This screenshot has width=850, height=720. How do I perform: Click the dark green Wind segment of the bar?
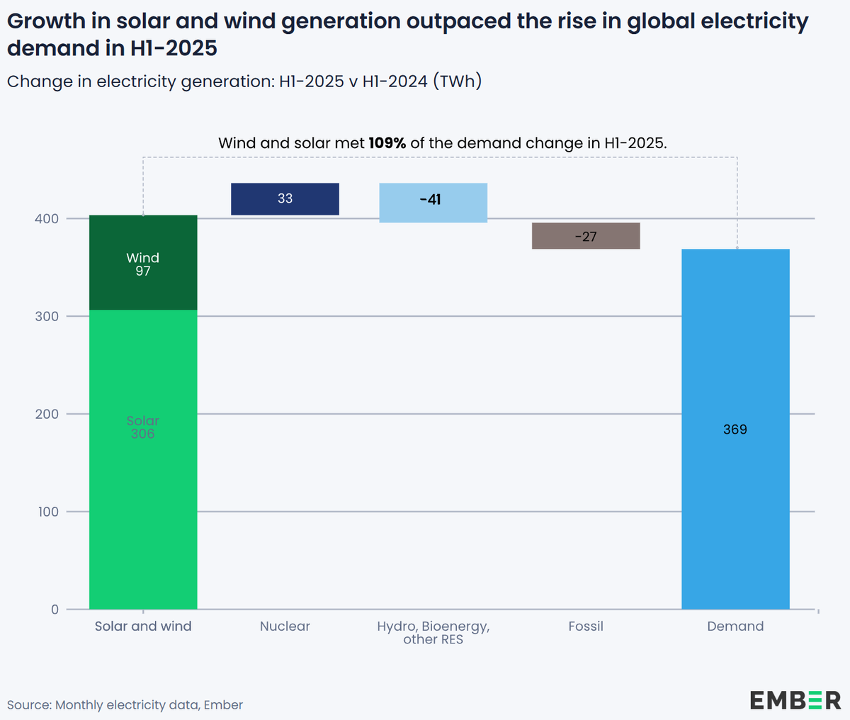click(x=143, y=263)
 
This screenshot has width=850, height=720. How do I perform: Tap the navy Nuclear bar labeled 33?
click(x=285, y=199)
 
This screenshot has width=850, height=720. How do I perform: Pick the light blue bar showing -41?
click(x=433, y=203)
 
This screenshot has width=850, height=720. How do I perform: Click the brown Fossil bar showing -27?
click(x=586, y=236)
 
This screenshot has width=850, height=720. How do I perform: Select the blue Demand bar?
click(x=735, y=496)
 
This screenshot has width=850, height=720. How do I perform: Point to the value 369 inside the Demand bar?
click(x=735, y=429)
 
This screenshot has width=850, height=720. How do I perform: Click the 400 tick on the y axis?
click(x=47, y=219)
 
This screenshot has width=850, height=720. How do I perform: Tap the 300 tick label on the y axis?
click(x=47, y=317)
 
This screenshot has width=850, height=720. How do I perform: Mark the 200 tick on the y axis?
click(x=47, y=414)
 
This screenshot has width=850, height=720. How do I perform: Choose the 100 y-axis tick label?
click(x=47, y=512)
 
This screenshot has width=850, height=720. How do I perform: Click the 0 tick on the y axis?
click(x=55, y=609)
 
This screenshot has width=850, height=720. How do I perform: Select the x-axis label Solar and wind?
click(x=143, y=626)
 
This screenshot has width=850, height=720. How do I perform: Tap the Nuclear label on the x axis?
click(x=285, y=626)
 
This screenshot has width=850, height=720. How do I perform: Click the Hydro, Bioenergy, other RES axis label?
click(x=433, y=633)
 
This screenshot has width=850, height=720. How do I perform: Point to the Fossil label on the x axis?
click(x=586, y=626)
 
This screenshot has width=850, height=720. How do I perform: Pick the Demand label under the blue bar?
click(x=735, y=626)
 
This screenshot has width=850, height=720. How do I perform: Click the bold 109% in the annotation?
click(x=387, y=143)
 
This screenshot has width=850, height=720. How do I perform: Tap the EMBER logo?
click(x=795, y=700)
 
